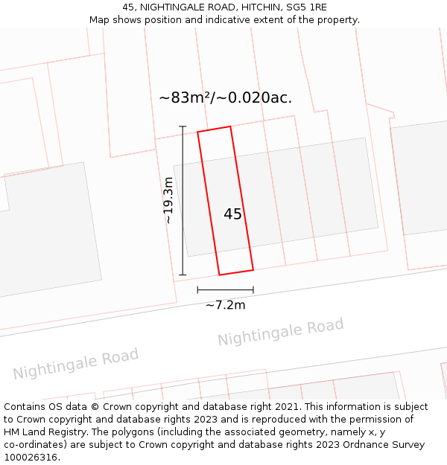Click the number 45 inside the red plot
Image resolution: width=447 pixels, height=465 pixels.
click(232, 214)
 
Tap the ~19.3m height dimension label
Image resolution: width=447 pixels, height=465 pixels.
click(168, 201)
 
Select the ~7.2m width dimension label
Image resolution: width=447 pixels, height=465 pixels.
click(225, 305)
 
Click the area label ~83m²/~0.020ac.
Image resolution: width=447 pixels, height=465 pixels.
click(225, 97)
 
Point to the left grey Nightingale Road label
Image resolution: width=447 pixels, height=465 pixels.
click(75, 364)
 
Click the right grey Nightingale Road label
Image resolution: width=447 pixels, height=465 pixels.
click(281, 332)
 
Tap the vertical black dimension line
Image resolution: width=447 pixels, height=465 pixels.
click(183, 201)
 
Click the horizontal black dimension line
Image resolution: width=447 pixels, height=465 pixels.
click(225, 289)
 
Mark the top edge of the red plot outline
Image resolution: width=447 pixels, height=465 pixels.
click(214, 129)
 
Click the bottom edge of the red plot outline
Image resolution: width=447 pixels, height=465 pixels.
click(235, 272)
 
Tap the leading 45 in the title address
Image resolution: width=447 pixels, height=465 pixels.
click(127, 7)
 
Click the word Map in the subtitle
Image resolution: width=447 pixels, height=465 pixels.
click(100, 20)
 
